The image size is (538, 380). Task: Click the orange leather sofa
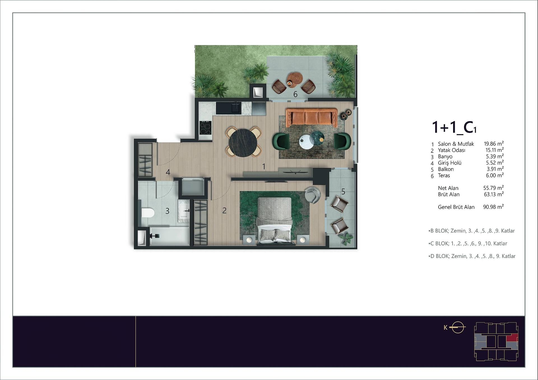coord(311,117)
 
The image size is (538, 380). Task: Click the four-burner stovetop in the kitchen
coord(205,128)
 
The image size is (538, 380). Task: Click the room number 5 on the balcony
coord(343,192)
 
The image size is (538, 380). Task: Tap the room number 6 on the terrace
coord(295,94)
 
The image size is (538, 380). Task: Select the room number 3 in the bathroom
coord(167,211)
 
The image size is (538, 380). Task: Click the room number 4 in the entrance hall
coord(168,172)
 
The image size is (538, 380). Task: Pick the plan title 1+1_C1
coord(454,127)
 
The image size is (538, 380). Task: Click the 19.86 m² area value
coord(494,144)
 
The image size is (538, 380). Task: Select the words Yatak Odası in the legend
coord(452,150)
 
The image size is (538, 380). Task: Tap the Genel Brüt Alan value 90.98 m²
coord(493,207)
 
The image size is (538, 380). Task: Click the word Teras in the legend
coord(444,175)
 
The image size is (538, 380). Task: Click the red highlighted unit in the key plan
coord(512,338)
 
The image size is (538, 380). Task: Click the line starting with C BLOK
coord(468,243)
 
